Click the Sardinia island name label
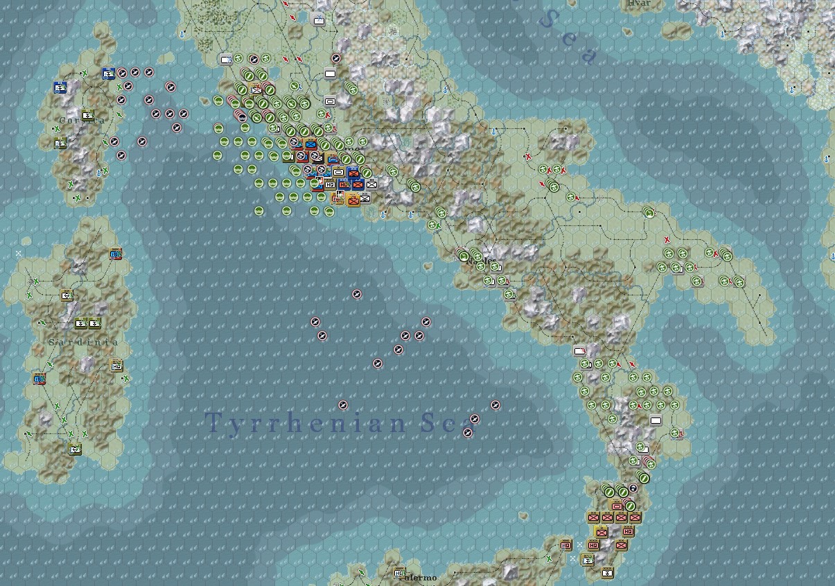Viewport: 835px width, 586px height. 83,343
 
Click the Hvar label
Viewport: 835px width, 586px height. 638,3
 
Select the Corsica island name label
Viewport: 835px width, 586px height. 81,120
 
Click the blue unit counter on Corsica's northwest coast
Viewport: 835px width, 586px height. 60,87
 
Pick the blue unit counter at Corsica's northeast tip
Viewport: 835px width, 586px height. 108,74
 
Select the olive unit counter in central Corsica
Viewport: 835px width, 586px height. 88,115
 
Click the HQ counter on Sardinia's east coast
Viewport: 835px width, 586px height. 116,365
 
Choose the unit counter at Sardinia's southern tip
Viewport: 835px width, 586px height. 75,449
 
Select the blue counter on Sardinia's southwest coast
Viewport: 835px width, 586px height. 39,379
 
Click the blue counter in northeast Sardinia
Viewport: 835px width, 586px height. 116,255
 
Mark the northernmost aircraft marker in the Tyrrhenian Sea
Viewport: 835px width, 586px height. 357,295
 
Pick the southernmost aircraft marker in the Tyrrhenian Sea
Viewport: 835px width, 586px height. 468,433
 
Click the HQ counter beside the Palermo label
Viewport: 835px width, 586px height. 399,573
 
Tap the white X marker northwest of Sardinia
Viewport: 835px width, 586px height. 19,254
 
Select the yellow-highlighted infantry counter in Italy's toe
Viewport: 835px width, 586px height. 601,531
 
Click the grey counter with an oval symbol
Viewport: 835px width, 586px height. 330,102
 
